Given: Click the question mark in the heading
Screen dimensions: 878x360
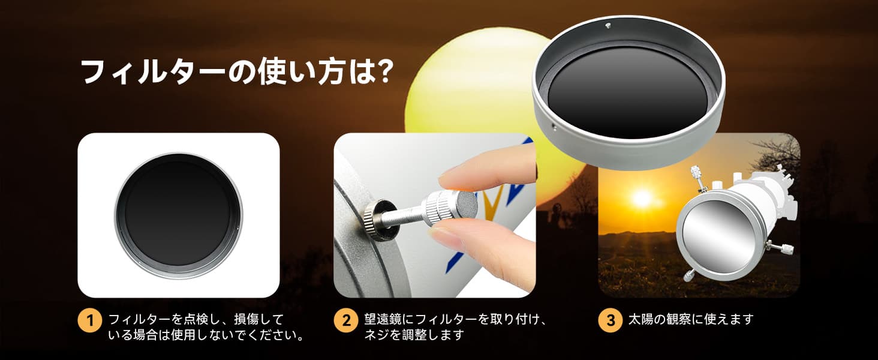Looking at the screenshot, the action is click(x=381, y=71).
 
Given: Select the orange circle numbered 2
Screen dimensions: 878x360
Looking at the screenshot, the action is click(x=345, y=320).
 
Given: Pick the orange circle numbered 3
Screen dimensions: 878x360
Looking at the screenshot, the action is click(x=610, y=320).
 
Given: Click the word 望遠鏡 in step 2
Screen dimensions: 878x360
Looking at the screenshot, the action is click(x=384, y=319).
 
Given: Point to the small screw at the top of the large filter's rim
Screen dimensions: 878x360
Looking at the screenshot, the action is click(x=608, y=26).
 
